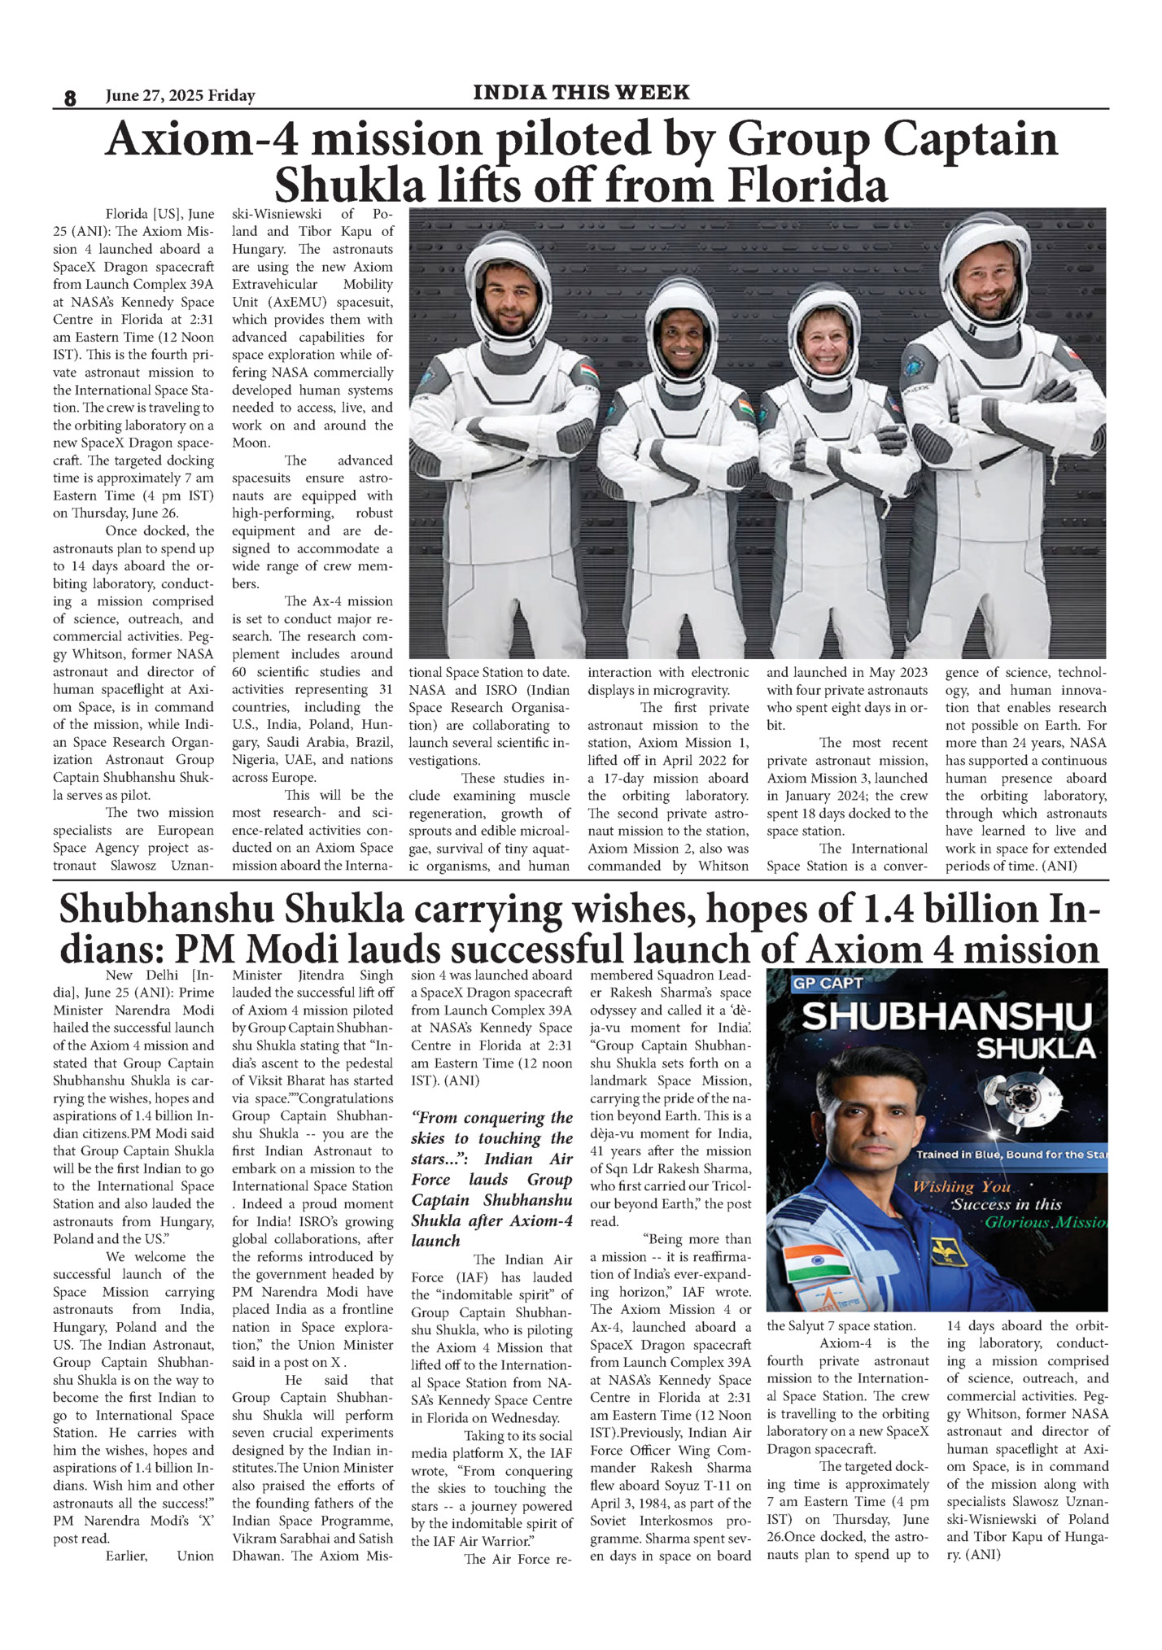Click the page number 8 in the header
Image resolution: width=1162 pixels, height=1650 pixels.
pyautogui.click(x=69, y=98)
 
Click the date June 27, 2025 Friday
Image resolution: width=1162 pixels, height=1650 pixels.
pyautogui.click(x=180, y=96)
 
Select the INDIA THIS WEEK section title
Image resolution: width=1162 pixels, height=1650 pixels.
pyautogui.click(x=581, y=92)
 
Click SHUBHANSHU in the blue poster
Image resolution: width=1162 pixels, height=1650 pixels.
pyautogui.click(x=946, y=1017)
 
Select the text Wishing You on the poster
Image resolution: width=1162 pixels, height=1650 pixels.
pyautogui.click(x=961, y=1186)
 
